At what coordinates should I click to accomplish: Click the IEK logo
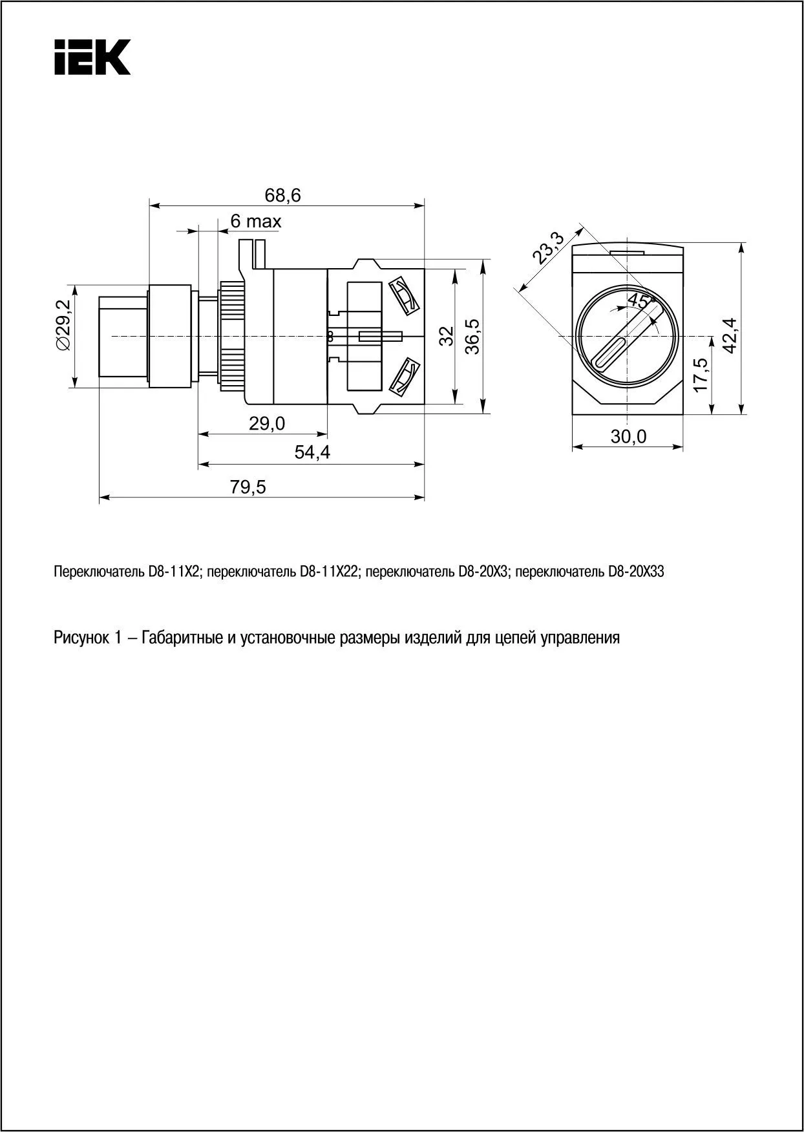coord(92,57)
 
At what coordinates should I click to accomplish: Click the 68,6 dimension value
coord(283,195)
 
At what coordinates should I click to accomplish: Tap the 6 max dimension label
coord(256,222)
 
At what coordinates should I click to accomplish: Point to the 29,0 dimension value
coord(267,423)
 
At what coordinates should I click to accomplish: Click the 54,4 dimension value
coord(312,452)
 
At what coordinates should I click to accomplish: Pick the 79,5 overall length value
coord(248,487)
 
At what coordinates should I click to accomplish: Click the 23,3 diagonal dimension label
coord(547,249)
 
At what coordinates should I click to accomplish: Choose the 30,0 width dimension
coord(629,437)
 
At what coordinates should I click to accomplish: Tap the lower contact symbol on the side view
coord(404,376)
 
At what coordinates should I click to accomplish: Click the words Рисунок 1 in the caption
coord(88,638)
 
